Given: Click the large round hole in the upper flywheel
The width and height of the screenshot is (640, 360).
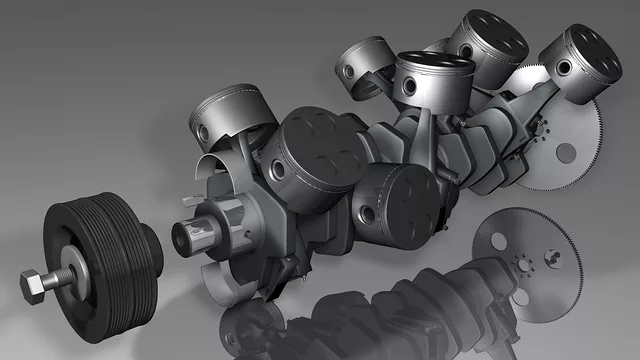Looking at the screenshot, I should tap(566, 152).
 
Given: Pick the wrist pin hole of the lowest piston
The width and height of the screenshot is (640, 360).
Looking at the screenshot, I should tap(369, 213).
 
